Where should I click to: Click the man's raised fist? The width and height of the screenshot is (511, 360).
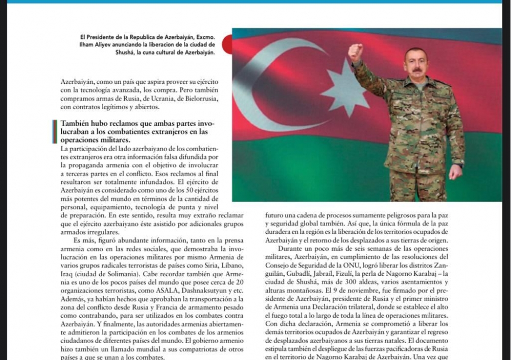356,52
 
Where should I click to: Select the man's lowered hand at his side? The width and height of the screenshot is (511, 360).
455,171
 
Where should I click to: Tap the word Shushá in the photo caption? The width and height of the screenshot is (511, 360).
126,52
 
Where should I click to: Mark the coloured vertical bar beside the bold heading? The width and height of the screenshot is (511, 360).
54,131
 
